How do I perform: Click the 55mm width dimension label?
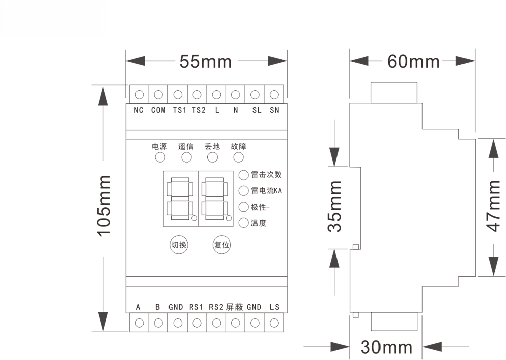pyautogui.click(x=205, y=61)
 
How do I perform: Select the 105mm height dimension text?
pyautogui.click(x=105, y=206)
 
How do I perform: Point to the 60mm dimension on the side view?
pyautogui.click(x=413, y=61)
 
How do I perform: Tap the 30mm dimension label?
pyautogui.click(x=387, y=347)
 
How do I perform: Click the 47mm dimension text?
pyautogui.click(x=493, y=206)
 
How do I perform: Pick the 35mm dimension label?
pyautogui.click(x=334, y=207)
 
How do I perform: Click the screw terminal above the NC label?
pyautogui.click(x=139, y=95)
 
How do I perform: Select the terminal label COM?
pyautogui.click(x=158, y=110)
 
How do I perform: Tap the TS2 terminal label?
pyautogui.click(x=199, y=110)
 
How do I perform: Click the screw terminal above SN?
pyautogui.click(x=274, y=95)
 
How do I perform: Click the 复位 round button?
pyautogui.click(x=222, y=245)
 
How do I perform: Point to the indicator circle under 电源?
pyautogui.click(x=160, y=157)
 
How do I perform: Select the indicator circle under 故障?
pyautogui.click(x=238, y=157)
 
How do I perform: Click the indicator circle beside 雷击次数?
pyautogui.click(x=244, y=175)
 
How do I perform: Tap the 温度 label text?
pyautogui.click(x=259, y=223)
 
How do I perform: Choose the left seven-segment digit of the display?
pyautogui.click(x=181, y=198)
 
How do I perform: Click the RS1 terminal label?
pyautogui.click(x=196, y=307)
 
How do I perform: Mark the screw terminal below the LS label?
pyautogui.click(x=274, y=323)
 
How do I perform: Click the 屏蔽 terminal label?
pyautogui.click(x=235, y=307)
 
